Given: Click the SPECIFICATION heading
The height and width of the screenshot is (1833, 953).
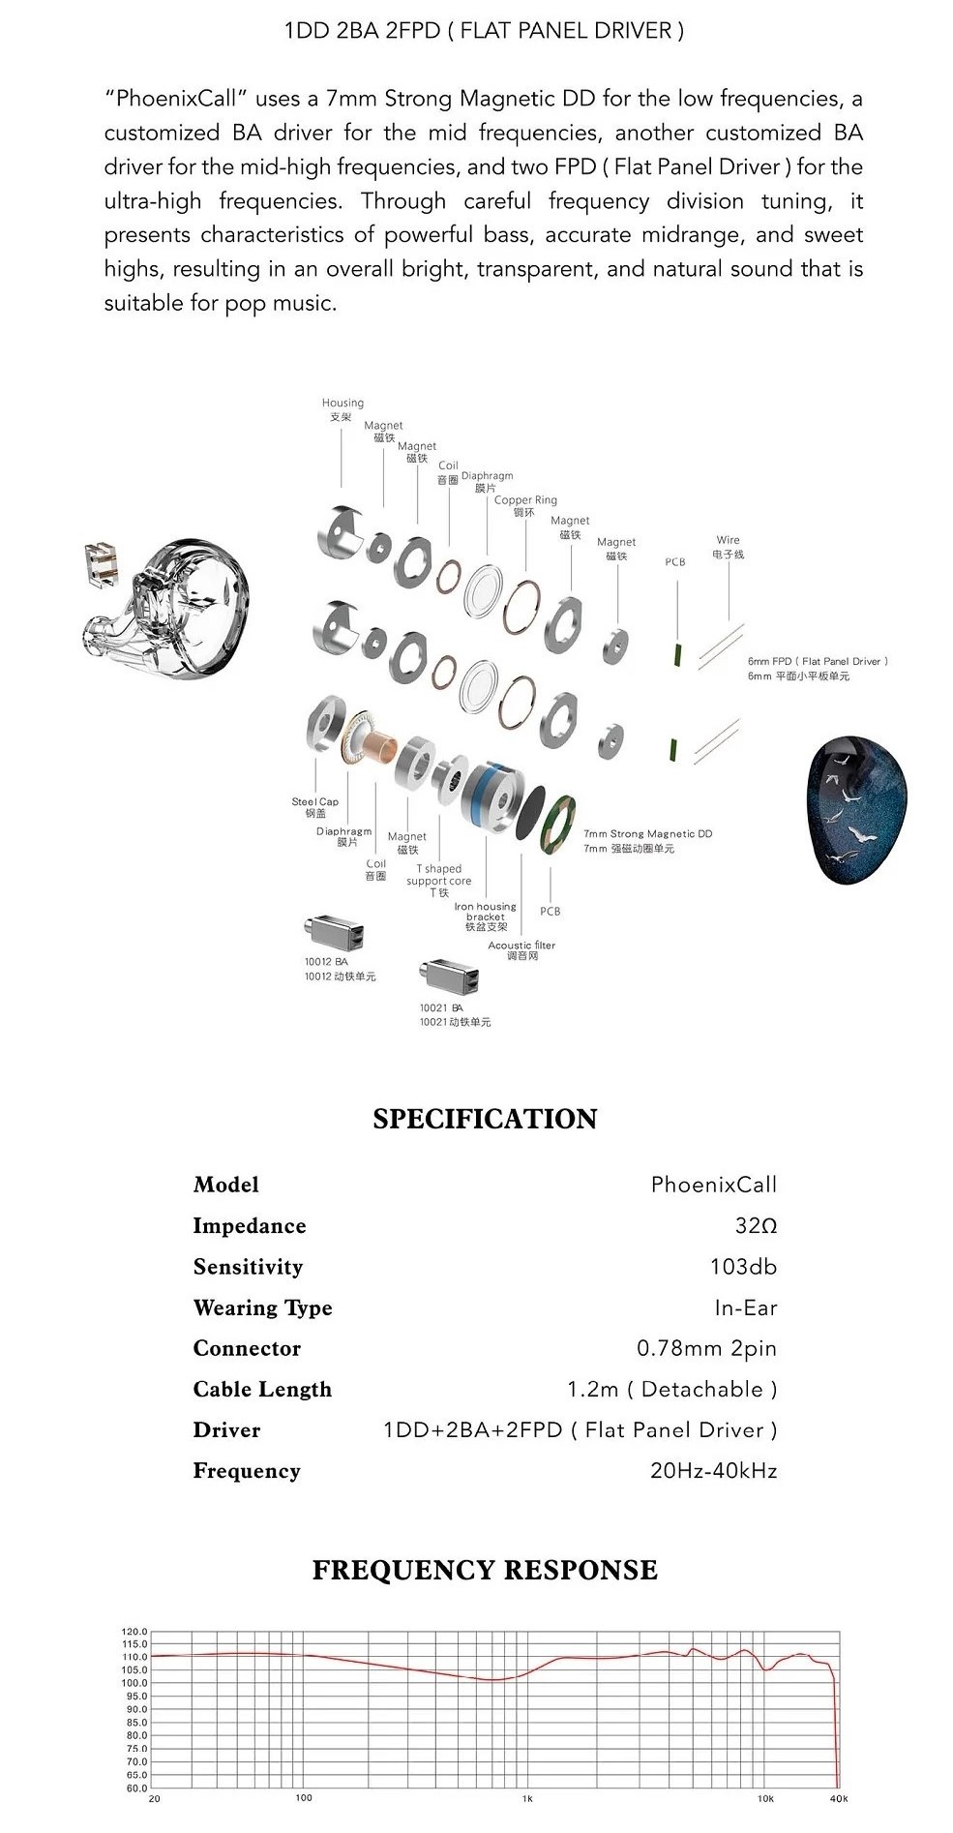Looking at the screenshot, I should tap(485, 1119).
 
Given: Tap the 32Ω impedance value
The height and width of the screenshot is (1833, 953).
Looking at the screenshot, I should tap(756, 1226).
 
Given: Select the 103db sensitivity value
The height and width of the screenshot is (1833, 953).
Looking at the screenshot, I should tap(743, 1267).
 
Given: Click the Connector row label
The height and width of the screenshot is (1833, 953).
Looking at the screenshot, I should tap(247, 1348).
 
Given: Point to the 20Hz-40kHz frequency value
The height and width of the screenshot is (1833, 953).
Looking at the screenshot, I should tap(713, 1471).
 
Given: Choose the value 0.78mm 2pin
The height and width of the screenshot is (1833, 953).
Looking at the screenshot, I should tap(706, 1348).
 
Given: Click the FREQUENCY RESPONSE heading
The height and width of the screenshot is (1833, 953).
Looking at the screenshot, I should tap(485, 1570).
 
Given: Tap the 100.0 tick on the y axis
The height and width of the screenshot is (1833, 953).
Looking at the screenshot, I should tap(134, 1683).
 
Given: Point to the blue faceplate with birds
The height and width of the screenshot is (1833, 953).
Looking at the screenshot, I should tap(859, 809).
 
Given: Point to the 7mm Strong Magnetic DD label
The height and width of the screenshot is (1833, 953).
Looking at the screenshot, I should tap(647, 833).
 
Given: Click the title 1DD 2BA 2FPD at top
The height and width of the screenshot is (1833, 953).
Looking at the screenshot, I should tap(484, 31).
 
